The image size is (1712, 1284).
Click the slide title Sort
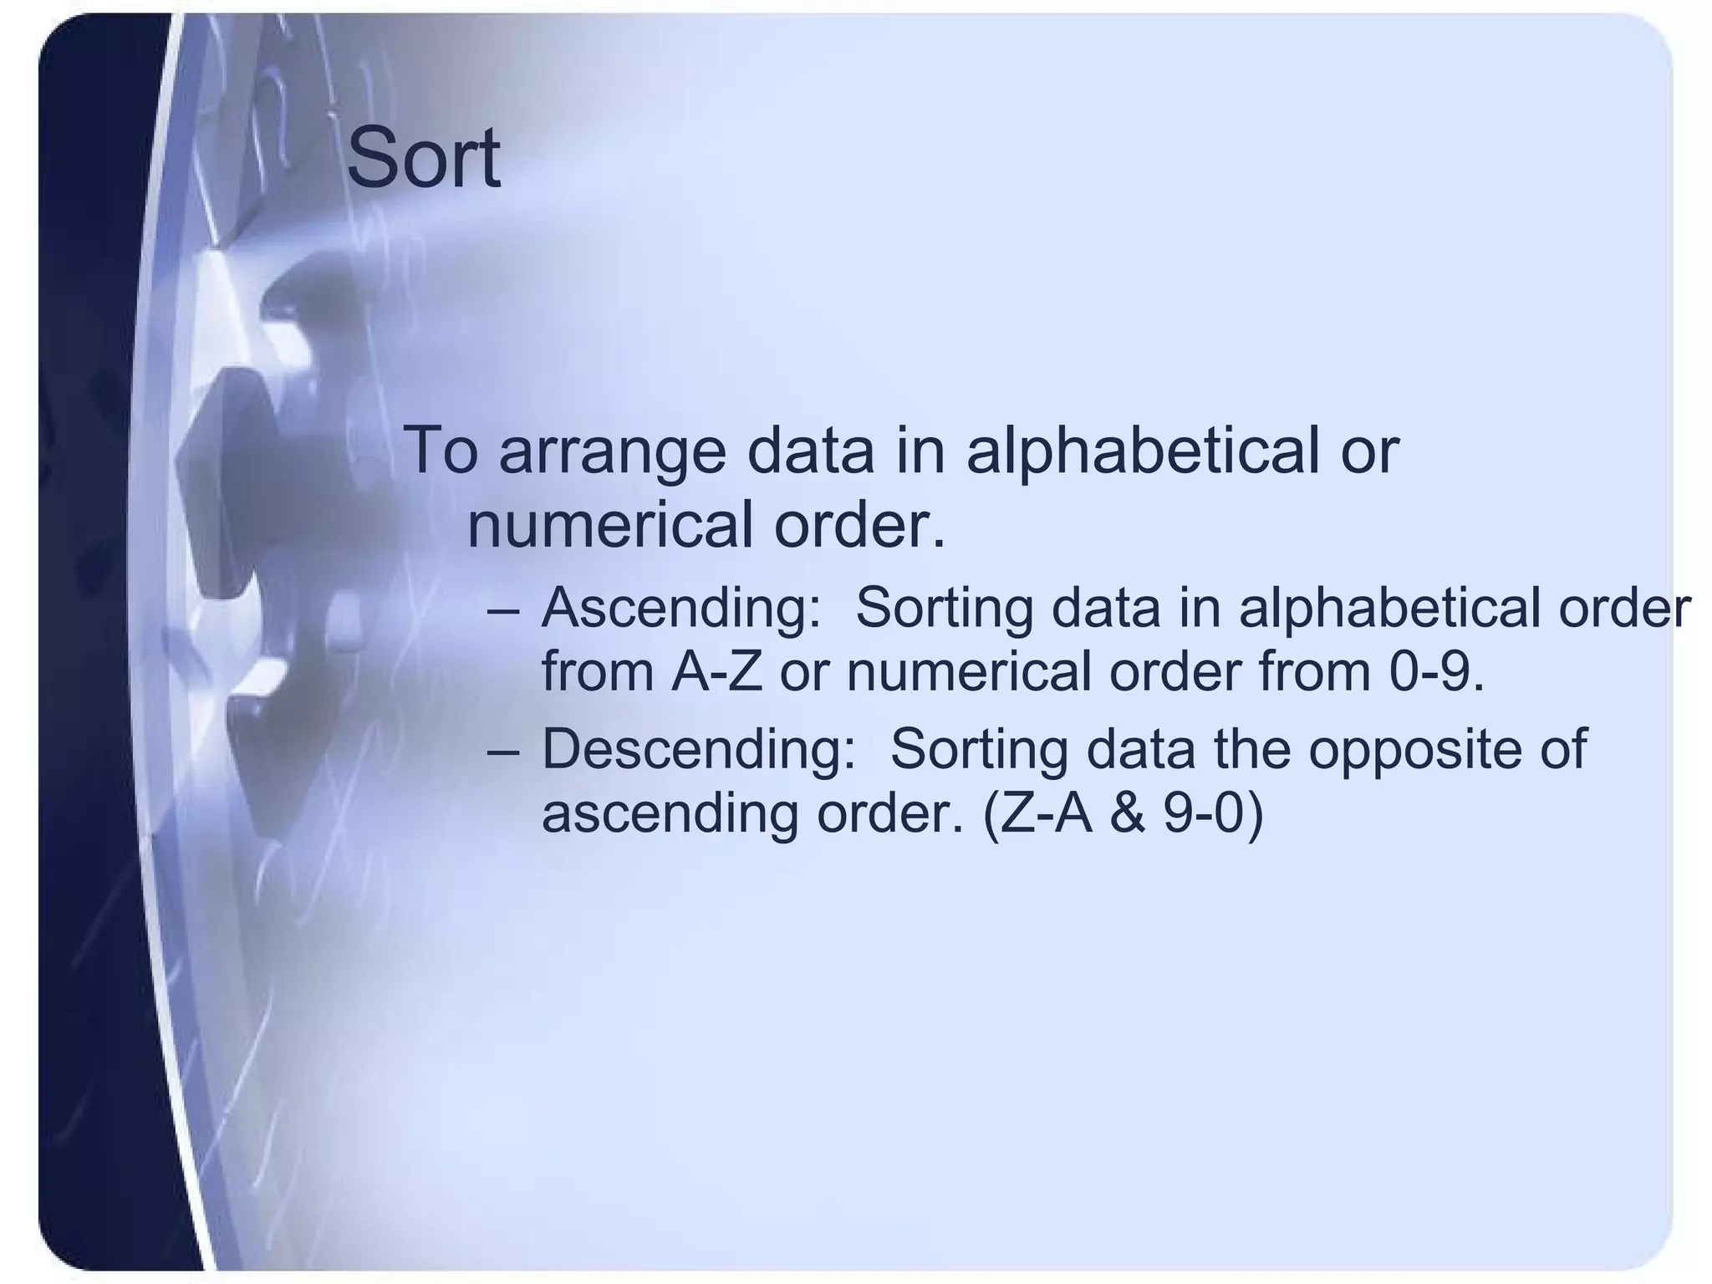pos(423,158)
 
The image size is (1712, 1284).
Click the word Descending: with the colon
pos(699,749)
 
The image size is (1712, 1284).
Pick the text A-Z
pos(716,671)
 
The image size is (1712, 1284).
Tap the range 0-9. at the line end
pos(1437,671)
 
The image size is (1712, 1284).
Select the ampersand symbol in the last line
pos(1128,813)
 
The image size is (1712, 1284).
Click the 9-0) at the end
pos(1213,813)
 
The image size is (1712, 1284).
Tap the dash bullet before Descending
pos(502,751)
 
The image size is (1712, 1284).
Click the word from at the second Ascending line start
pos(597,671)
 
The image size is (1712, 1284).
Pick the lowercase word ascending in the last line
pos(670,815)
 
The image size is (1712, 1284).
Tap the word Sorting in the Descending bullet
pos(979,751)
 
